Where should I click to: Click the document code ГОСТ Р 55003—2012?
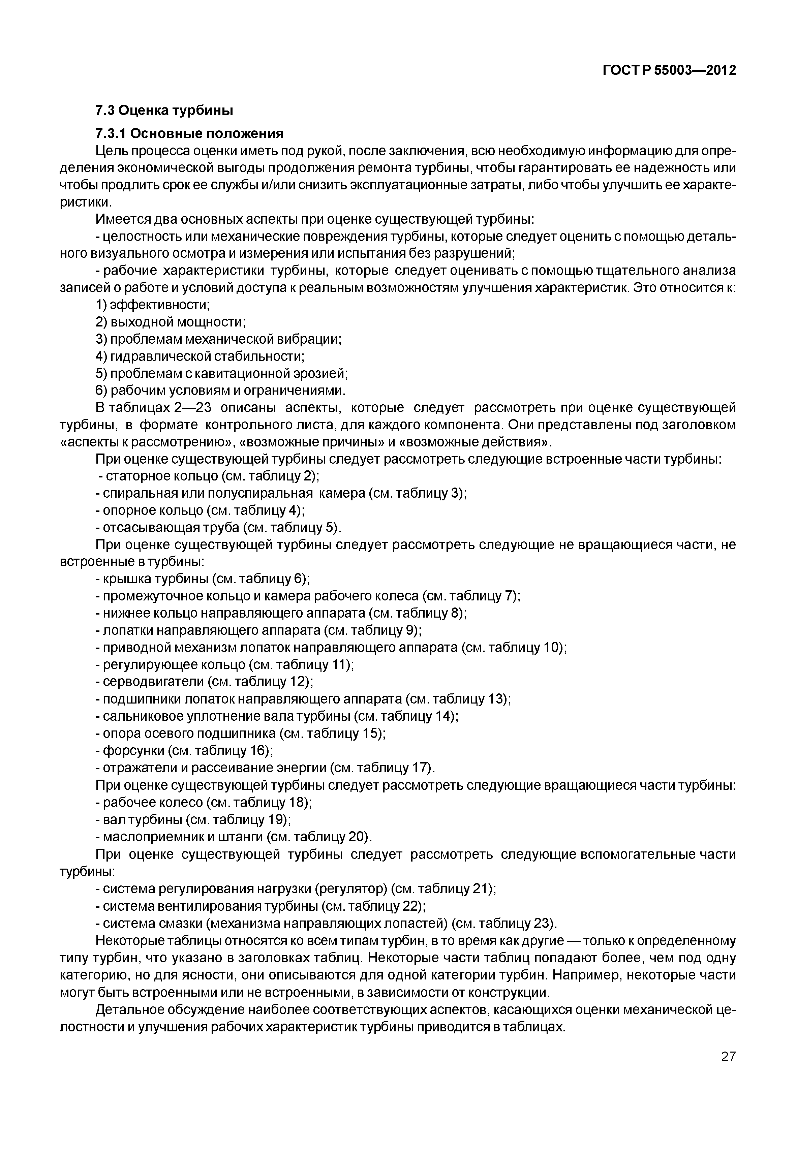(669, 70)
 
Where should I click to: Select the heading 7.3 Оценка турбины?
(164, 110)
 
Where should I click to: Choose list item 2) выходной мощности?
(171, 322)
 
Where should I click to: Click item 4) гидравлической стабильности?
(200, 356)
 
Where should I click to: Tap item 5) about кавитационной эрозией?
(221, 374)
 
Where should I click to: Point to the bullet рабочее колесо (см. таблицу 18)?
(204, 802)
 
